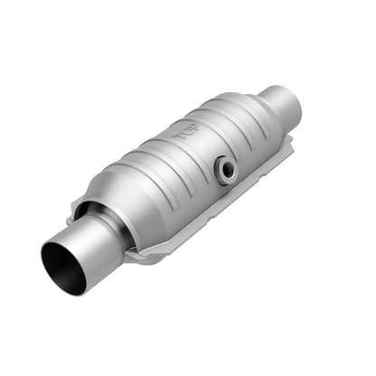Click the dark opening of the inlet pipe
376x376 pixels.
coord(61,268)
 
